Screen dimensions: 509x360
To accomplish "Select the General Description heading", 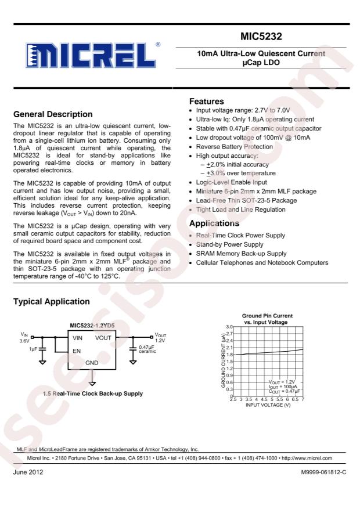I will (53, 114).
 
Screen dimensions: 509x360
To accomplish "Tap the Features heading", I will (208, 101).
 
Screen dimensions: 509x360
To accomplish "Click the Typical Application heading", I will (51, 302).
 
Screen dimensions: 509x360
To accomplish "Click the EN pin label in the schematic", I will (77, 351).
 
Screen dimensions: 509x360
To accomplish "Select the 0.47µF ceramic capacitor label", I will (149, 349).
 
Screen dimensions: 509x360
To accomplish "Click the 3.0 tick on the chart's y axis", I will (229, 328).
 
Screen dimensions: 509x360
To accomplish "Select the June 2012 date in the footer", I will (27, 473).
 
